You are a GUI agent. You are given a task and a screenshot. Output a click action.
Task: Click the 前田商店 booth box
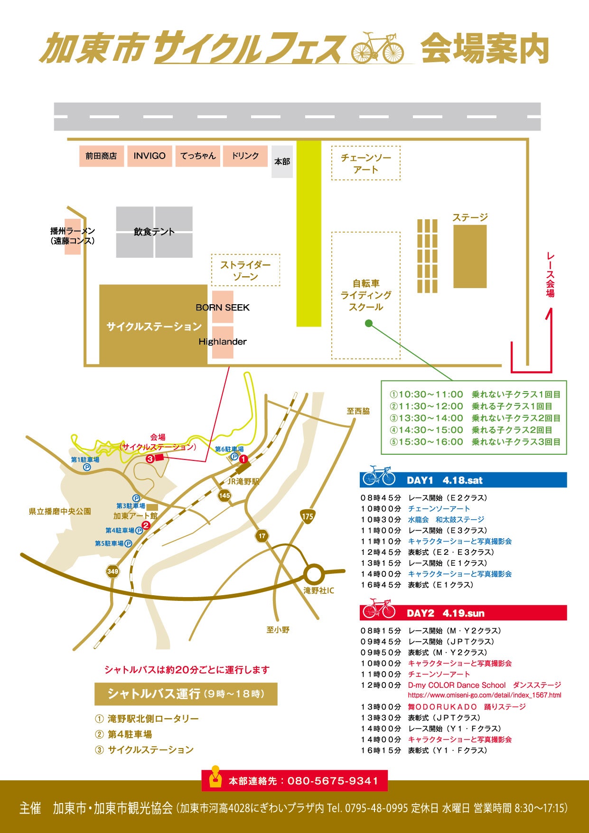click(x=101, y=156)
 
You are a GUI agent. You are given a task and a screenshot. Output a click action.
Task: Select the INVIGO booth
click(x=149, y=156)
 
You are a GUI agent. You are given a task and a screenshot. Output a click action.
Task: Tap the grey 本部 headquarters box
click(x=282, y=161)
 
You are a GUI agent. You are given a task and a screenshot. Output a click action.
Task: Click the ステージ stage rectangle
click(x=470, y=256)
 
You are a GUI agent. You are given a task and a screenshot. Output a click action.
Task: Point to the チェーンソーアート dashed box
click(x=365, y=163)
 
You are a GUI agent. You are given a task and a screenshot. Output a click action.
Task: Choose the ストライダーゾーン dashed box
click(x=245, y=270)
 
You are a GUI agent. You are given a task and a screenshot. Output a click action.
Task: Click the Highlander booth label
click(x=223, y=342)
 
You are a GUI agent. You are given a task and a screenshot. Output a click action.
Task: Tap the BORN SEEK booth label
click(x=223, y=308)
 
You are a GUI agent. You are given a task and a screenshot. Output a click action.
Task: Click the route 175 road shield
click(x=308, y=516)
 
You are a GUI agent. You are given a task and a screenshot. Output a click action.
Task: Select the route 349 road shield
click(x=112, y=571)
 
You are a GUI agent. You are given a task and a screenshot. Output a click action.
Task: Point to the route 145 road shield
click(x=224, y=496)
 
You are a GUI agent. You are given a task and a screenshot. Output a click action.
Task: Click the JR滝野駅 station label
click(x=243, y=481)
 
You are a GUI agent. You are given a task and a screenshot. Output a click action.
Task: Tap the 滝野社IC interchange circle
click(x=313, y=574)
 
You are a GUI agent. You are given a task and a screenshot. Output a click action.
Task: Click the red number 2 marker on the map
click(x=146, y=525)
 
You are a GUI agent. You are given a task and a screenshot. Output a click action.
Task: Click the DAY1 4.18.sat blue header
click(x=463, y=480)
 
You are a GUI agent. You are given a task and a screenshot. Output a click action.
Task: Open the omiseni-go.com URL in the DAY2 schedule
click(x=484, y=695)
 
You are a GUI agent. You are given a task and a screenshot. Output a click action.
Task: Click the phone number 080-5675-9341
click(x=333, y=781)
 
